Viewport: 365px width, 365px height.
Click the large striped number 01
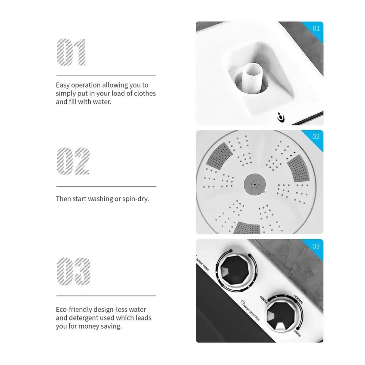tap(71, 52)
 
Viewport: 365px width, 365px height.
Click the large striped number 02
tap(73, 161)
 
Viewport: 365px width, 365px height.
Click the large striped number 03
tap(74, 271)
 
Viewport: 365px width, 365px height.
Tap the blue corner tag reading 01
tap(315, 30)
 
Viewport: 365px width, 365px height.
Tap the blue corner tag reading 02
tap(315, 138)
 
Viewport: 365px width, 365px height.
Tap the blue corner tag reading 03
tap(315, 248)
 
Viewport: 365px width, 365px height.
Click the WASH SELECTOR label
tap(250, 311)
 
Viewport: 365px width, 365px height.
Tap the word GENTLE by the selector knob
tap(264, 299)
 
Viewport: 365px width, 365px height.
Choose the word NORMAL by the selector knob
tap(298, 299)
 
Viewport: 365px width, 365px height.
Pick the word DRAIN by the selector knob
tap(298, 333)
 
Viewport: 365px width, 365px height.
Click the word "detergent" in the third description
tap(92, 318)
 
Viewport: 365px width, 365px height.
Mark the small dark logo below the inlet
tap(281, 117)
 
